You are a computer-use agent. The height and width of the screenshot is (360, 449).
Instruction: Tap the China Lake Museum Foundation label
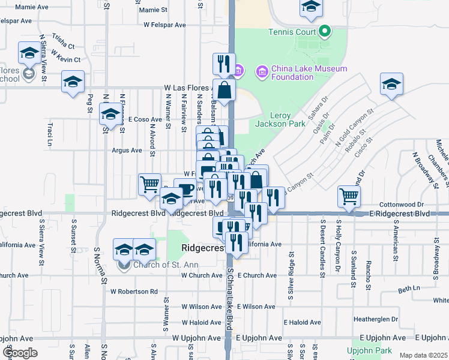(x=309, y=73)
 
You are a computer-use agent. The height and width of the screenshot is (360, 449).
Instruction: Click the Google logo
(x=20, y=353)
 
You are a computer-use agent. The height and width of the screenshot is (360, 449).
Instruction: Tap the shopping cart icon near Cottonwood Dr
(x=349, y=196)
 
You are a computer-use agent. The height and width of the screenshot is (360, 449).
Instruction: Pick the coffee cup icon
(x=185, y=189)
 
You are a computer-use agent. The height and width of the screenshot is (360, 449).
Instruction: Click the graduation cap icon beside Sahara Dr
(x=391, y=83)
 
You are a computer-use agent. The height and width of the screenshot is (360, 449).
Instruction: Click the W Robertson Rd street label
(x=134, y=292)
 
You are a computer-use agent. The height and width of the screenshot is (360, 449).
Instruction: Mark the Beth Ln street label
(x=408, y=289)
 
